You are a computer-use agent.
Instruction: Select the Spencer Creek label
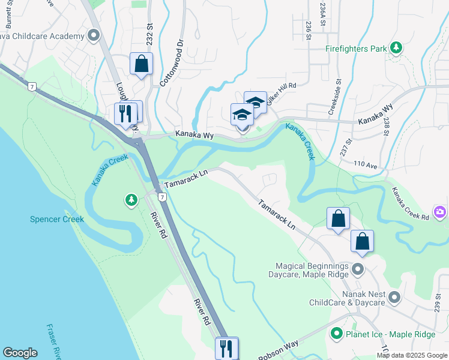coord(57,219)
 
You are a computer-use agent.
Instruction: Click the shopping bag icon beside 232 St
coord(141,63)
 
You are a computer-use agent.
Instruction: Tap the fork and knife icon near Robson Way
coord(226,347)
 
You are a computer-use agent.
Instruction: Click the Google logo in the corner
coord(20,353)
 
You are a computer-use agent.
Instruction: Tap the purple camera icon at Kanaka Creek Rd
coord(441,212)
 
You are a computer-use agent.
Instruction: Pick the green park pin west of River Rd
coord(131,200)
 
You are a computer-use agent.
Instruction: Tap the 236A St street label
coord(323,14)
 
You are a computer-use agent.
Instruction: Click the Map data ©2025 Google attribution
coord(412,355)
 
